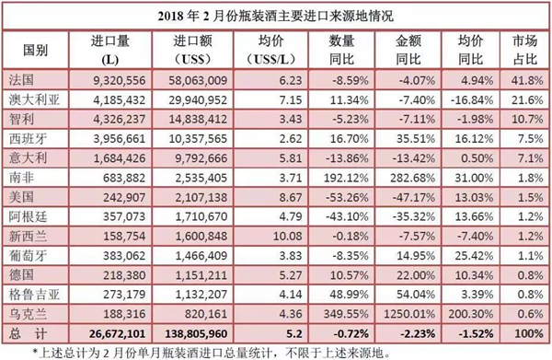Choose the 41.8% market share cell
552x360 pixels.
coord(529,81)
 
